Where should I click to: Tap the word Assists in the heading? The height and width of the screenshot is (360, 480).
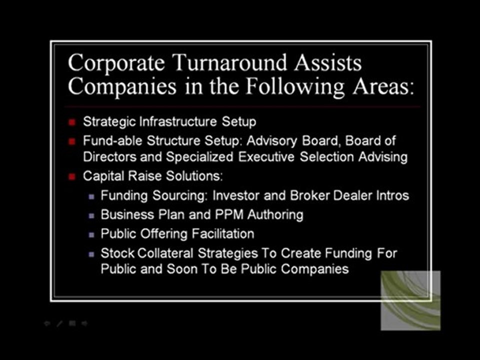(327, 63)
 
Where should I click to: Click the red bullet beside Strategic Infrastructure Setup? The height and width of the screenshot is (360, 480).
(72, 121)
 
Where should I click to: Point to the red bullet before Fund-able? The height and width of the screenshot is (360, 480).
(72, 141)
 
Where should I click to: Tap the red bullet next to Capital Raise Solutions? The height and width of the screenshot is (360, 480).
(72, 176)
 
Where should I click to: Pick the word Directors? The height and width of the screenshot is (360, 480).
(108, 157)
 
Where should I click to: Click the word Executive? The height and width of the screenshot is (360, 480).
(267, 157)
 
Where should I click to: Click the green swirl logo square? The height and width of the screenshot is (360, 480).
(410, 300)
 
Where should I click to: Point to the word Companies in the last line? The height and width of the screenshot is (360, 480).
(314, 268)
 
